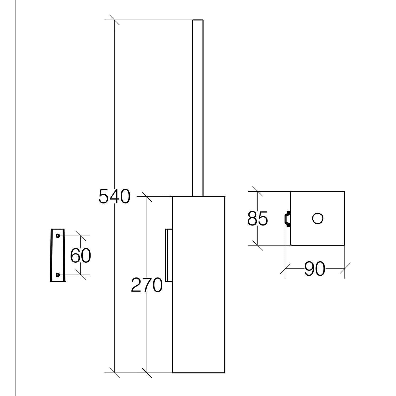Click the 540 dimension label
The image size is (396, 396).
114,197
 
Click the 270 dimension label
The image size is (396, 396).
147,285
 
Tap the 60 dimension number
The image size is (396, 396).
81,256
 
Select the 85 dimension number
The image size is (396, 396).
258,219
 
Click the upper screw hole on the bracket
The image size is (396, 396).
58,235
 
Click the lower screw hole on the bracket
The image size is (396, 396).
58,275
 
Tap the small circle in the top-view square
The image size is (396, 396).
318,219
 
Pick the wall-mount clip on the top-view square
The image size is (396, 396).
287,219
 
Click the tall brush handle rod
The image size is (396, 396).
198,108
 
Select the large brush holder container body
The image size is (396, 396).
199,285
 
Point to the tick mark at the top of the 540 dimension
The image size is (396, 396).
114,20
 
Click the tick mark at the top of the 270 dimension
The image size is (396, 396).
147,197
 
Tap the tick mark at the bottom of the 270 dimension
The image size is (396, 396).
147,373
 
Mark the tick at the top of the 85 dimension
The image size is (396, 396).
258,191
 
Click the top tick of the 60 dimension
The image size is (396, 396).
81,236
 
